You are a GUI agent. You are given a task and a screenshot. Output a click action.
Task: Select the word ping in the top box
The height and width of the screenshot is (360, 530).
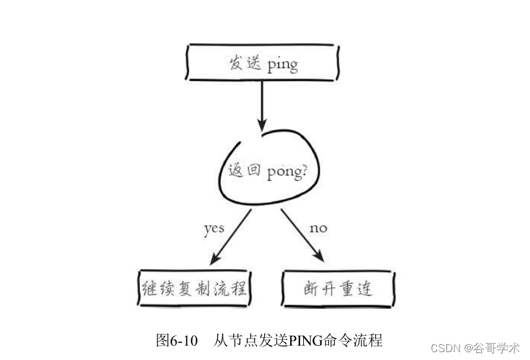[x=282, y=65]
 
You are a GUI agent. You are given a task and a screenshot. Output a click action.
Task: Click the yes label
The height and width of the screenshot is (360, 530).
[x=214, y=229]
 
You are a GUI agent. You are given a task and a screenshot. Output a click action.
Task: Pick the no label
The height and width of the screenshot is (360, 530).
[x=318, y=229]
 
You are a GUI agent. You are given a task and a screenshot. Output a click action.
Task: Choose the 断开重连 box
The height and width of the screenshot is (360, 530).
[x=337, y=288]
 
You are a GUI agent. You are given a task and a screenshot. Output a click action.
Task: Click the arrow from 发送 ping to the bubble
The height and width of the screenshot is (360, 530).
[x=262, y=105]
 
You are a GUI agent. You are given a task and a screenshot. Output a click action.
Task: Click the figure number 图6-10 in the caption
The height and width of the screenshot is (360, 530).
[x=177, y=340]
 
